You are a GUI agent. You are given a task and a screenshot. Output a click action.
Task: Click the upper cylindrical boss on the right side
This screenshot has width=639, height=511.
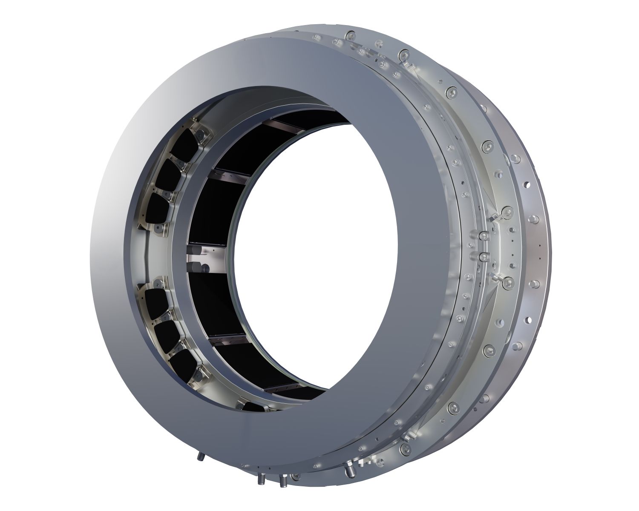[x=484, y=235]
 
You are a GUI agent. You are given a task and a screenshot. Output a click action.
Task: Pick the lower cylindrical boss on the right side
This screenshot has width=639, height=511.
[x=484, y=257]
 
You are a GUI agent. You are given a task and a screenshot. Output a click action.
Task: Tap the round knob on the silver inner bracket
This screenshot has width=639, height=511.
[x=206, y=267]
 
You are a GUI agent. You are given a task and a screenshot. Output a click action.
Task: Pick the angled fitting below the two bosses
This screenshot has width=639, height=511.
[x=494, y=277]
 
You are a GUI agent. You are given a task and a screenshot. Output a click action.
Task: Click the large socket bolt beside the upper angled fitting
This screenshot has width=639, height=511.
[x=507, y=211]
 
